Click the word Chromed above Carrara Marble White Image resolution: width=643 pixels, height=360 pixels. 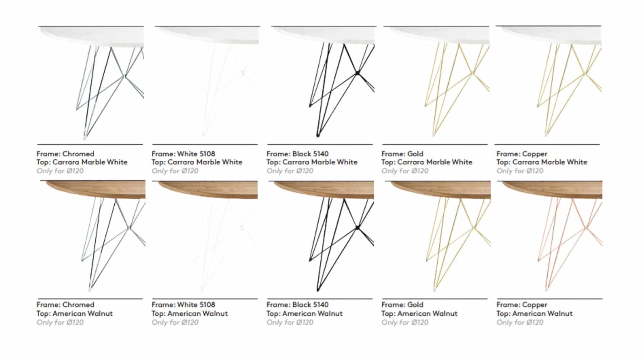(78, 154)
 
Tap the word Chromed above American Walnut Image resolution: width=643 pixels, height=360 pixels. (78, 305)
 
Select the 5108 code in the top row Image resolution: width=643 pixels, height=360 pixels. (207, 154)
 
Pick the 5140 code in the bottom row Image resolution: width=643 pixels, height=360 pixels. (321, 305)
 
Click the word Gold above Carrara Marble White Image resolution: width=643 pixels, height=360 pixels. (415, 154)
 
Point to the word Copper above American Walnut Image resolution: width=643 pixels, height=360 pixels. (534, 305)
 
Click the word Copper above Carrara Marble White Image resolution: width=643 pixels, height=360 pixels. (534, 154)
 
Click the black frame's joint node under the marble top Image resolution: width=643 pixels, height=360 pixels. (357, 73)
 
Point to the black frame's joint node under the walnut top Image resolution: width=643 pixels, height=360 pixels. (357, 227)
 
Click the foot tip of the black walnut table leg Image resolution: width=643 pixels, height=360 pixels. (318, 289)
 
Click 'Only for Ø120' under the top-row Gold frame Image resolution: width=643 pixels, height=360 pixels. (405, 171)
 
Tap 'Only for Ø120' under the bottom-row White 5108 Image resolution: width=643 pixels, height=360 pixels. (175, 322)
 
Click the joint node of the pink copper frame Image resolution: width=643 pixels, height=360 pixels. (586, 227)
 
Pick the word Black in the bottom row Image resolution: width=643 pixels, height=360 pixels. (301, 305)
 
